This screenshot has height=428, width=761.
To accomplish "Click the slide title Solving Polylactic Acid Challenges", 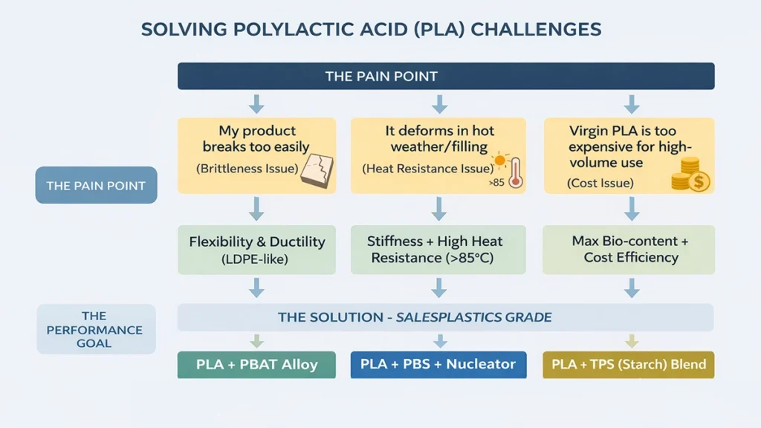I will point(371,29).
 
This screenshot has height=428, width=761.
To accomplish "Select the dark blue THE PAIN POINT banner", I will point(445,76).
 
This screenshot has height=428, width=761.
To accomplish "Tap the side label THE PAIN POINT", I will point(96,186).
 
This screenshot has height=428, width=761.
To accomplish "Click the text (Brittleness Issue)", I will point(247,169).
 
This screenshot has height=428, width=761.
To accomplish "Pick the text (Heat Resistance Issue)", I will point(427,169).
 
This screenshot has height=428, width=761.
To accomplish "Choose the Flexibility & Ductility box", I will point(256,250).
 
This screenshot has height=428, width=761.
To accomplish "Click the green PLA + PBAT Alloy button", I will point(256,365).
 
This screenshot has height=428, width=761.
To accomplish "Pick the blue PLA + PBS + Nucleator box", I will point(438,365).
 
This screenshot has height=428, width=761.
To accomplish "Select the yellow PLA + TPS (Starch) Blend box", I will point(629,365).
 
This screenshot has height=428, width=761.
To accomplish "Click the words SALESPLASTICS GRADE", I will point(473,317).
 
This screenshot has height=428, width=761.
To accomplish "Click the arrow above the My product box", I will point(256,103).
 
